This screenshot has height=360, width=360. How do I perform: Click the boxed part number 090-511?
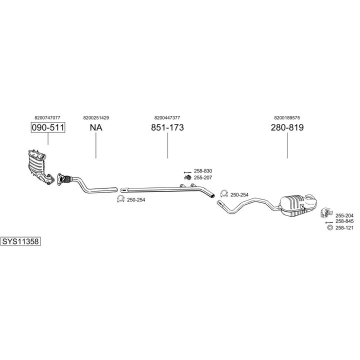[x=48, y=127]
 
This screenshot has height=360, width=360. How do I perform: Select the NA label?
[x=96, y=127]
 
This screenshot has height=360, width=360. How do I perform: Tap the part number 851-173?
[x=167, y=127]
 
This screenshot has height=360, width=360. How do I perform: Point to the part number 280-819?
[x=287, y=127]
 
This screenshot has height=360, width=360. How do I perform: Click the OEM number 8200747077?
[x=48, y=117]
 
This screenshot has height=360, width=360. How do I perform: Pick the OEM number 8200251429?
[x=96, y=117]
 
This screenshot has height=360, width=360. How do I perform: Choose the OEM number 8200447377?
[x=167, y=117]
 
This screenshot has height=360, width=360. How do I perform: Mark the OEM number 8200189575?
[x=287, y=117]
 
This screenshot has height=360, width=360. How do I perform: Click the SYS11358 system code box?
[x=20, y=241]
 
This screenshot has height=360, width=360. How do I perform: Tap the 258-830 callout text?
[x=202, y=171]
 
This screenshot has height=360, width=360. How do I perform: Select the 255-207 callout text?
[x=202, y=177]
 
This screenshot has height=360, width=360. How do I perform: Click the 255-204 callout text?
[x=344, y=215]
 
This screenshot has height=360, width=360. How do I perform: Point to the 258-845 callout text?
[x=344, y=221]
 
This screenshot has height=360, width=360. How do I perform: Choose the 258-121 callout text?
[x=344, y=228]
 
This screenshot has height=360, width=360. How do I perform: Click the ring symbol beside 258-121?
[x=329, y=228]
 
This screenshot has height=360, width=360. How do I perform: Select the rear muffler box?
[x=298, y=205]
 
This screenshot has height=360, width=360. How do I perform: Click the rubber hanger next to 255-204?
[x=324, y=214]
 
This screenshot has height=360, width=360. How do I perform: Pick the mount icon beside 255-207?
[x=188, y=177]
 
